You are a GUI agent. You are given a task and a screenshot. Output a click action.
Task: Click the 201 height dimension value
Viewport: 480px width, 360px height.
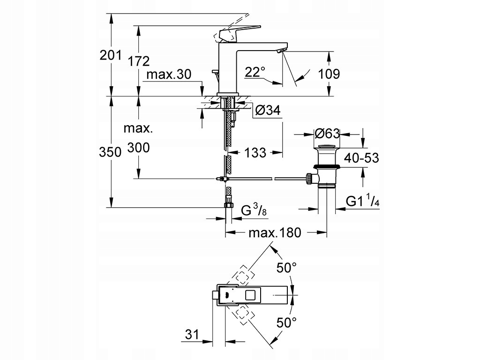[111, 55]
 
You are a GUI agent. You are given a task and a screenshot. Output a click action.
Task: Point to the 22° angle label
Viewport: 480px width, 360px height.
[255, 72]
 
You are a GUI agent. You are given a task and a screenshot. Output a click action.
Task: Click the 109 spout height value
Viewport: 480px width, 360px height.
[329, 74]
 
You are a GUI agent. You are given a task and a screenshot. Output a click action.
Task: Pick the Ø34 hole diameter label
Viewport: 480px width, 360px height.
[268, 111]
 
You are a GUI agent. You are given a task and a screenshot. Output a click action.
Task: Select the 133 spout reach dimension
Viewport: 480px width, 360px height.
[255, 152]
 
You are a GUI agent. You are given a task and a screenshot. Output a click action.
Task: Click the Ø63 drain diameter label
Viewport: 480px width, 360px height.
[327, 134]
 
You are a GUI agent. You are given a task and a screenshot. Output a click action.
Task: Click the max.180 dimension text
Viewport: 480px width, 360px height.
[274, 232]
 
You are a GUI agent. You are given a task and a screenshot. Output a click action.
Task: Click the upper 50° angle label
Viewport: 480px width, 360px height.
[286, 268]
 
